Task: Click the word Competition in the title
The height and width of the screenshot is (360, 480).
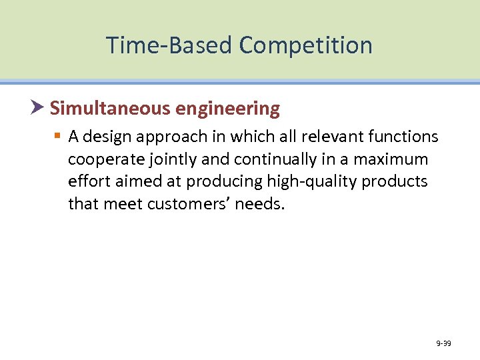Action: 306,45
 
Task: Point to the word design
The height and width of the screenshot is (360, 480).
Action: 107,137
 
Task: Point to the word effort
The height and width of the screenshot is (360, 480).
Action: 87,181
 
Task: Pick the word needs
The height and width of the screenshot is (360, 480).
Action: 264,203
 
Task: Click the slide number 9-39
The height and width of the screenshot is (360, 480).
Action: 443,344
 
